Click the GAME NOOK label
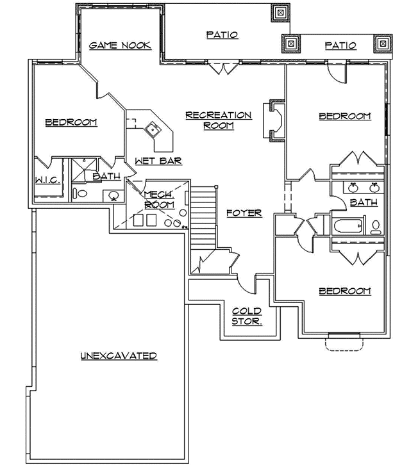[120, 45]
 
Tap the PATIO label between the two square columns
[340, 45]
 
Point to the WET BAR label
[158, 161]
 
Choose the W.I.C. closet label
[47, 181]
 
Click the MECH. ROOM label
[158, 200]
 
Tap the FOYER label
[244, 213]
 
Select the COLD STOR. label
[246, 316]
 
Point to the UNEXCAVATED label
[119, 355]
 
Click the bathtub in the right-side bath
[347, 226]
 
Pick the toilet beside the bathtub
[376, 226]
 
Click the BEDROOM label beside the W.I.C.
[71, 122]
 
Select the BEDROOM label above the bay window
[345, 291]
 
